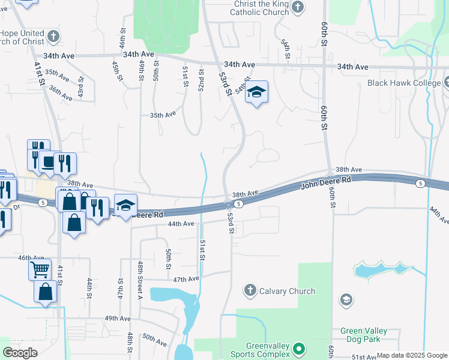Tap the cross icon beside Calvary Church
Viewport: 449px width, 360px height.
(x=250, y=291)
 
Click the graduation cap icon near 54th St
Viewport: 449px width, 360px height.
(x=256, y=92)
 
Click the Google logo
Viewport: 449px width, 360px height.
(x=20, y=353)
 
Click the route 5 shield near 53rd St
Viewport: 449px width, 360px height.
(x=238, y=204)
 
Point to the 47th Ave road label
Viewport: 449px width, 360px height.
(x=185, y=280)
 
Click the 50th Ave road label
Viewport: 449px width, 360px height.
(x=154, y=340)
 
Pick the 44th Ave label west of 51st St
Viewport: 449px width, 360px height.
(x=181, y=224)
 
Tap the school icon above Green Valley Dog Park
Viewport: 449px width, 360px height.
(x=346, y=299)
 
